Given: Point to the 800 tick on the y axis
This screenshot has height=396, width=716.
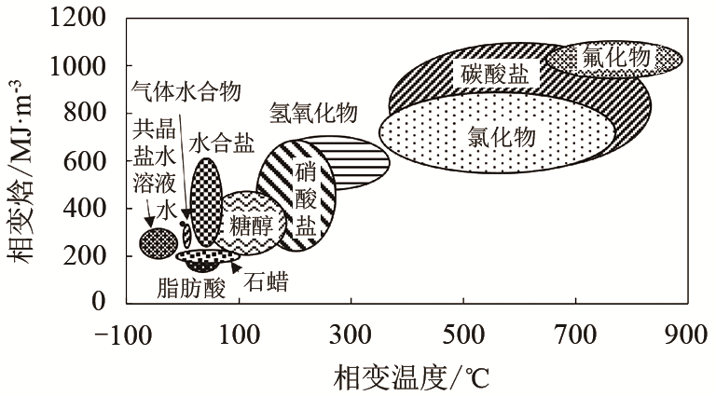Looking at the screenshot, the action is tap(85, 113).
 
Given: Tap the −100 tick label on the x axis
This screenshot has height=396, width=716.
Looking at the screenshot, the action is tap(123, 335).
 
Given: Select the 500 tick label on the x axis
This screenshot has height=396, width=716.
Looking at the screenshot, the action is tap(463, 335).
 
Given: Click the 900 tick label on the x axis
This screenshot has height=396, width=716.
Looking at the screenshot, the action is tap(687, 335).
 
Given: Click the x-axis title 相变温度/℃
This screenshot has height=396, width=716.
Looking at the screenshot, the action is tap(411, 376).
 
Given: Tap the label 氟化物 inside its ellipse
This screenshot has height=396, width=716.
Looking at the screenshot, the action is tap(616, 58).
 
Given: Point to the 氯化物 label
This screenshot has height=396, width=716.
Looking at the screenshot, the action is tap(502, 136).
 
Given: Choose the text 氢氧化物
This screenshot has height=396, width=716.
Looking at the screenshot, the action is tap(313, 112).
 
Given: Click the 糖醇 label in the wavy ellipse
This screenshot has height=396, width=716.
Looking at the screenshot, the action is tap(251, 225).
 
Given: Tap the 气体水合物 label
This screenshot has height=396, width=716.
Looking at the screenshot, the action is tap(186, 91).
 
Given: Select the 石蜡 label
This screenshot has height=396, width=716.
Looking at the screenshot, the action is tap(267, 282).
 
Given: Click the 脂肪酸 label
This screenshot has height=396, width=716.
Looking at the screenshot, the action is tap(191, 287).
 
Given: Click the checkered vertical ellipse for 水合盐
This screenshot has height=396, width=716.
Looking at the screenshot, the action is tap(206, 202).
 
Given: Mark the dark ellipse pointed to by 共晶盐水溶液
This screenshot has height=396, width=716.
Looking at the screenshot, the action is tap(158, 242).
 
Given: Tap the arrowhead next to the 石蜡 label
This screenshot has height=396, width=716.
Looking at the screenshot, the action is tap(236, 268).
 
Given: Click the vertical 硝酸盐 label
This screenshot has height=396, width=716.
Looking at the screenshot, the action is tap(306, 200).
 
